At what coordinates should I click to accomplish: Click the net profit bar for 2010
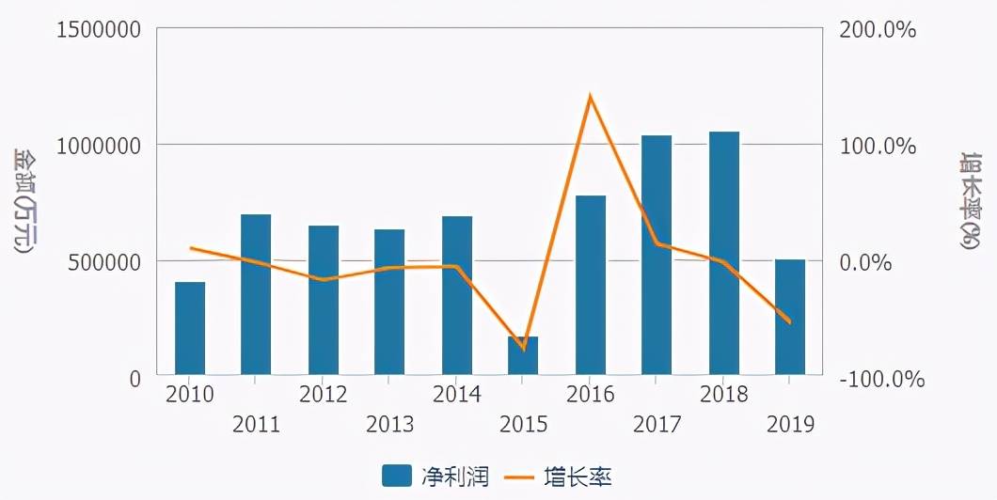190,328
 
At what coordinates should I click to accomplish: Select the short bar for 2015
523,355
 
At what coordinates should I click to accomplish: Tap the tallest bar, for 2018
724,253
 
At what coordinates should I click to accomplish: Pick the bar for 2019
790,317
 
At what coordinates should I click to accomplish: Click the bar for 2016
591,285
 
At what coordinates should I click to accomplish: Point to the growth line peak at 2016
590,96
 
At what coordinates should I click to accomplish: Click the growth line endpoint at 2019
789,322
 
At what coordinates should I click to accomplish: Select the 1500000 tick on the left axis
99,29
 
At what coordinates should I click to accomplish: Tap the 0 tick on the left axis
135,378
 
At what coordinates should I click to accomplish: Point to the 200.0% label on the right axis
878,30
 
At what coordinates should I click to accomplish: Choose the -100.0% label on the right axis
882,380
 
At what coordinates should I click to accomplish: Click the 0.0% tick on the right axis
865,262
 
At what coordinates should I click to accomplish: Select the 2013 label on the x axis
390,425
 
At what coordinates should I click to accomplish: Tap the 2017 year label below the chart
657,425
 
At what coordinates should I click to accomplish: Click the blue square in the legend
397,477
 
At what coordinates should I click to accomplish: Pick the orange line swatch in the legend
517,477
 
